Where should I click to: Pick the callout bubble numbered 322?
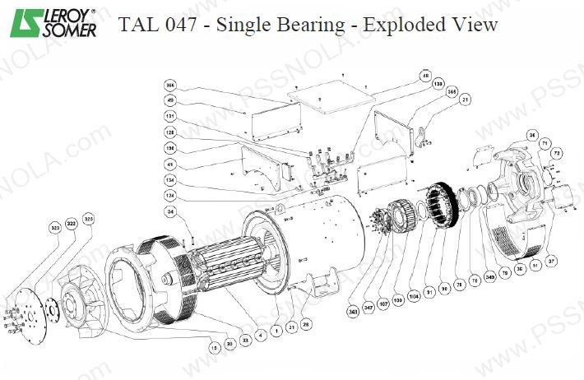pyautogui.click(x=72, y=223)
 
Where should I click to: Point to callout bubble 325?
pyautogui.click(x=89, y=220)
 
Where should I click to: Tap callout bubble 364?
pyautogui.click(x=171, y=85)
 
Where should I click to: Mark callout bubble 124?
pyautogui.click(x=171, y=195)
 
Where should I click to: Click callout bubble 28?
pyautogui.click(x=306, y=327)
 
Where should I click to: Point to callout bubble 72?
pyautogui.click(x=556, y=152)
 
